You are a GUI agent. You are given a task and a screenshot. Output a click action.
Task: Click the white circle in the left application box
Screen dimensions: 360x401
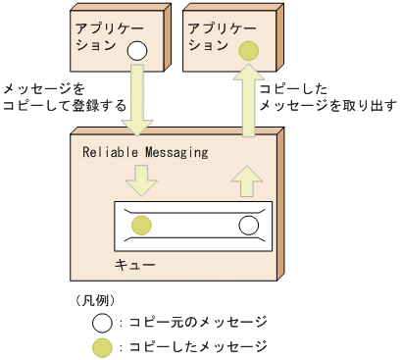click(138, 49)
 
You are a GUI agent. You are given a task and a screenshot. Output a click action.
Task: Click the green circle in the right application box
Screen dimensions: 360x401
click(248, 49)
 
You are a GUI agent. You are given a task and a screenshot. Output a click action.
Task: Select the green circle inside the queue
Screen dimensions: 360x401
click(142, 226)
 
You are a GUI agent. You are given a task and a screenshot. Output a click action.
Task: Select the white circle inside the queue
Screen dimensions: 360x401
click(248, 226)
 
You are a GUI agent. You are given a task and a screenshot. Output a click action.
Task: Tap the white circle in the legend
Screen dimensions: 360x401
click(101, 322)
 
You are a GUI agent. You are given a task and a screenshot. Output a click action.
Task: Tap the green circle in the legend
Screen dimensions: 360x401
click(101, 346)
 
